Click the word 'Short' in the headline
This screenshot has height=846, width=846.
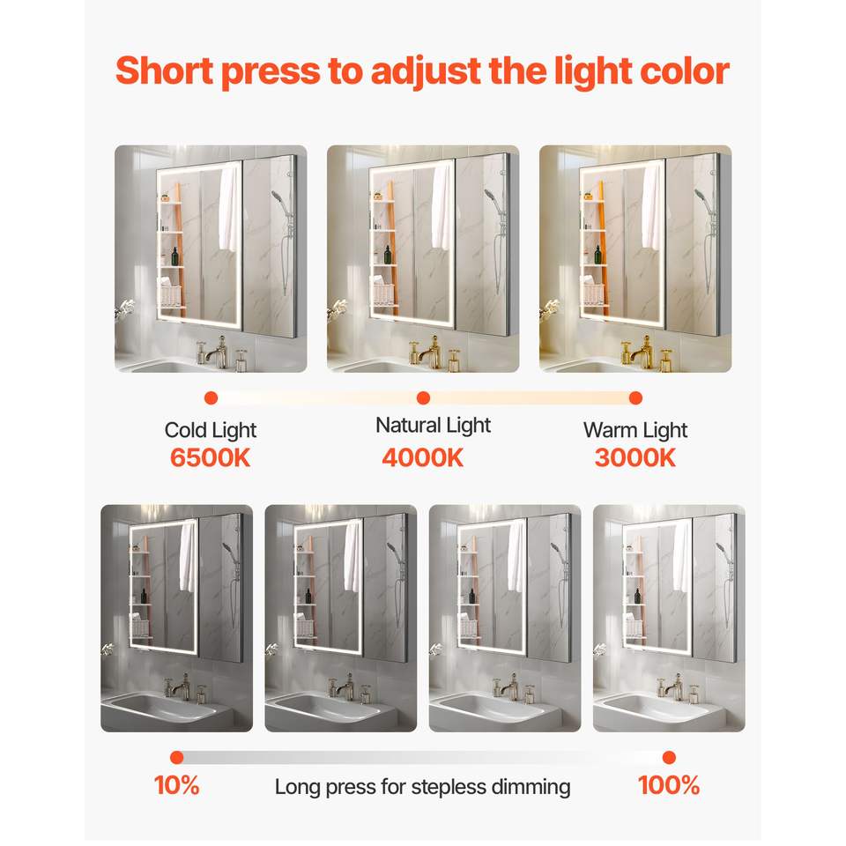164,70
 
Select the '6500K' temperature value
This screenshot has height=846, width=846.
210,457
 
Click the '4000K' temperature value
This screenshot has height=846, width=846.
422,457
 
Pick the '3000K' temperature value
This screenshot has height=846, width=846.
635,457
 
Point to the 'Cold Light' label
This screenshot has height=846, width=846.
211,431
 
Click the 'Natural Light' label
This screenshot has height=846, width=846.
434,426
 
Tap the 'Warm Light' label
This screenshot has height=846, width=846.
635,431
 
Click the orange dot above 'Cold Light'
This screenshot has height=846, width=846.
211,398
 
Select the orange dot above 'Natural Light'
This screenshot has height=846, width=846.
424,398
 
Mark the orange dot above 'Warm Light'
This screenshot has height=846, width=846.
635,398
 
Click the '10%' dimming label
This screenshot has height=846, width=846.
177,785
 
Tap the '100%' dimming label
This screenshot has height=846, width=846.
669,785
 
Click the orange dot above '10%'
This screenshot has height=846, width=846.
176,758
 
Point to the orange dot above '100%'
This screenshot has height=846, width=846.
669,758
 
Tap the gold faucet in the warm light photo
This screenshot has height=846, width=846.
642,352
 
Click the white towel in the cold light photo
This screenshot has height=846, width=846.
229,208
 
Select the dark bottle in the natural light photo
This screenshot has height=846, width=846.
388,255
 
